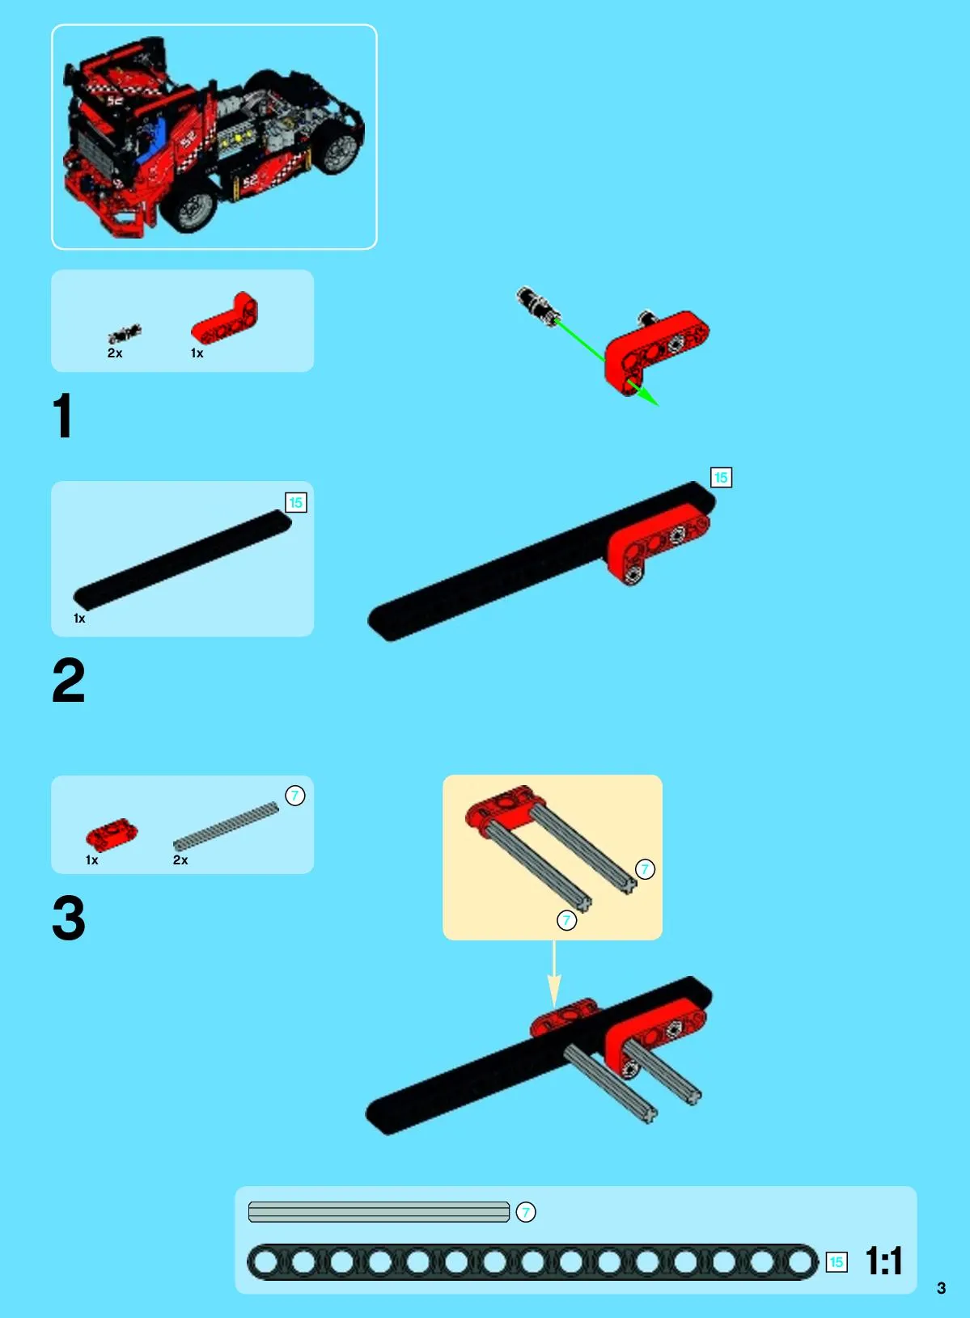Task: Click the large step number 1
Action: click(63, 416)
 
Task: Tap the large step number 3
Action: click(69, 918)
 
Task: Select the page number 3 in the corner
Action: click(941, 1288)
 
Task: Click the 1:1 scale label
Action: click(883, 1261)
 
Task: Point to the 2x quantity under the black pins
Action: click(115, 353)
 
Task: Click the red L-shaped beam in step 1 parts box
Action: click(225, 319)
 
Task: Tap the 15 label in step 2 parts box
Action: click(295, 502)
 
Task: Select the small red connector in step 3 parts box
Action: click(112, 834)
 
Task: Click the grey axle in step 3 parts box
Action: click(226, 826)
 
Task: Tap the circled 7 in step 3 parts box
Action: click(295, 796)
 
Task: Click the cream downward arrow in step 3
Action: click(553, 974)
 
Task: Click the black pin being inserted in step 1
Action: click(535, 303)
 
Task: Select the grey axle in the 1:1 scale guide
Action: click(379, 1212)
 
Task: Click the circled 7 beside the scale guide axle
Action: click(526, 1212)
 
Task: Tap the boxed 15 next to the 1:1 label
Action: click(837, 1262)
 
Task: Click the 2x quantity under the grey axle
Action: click(180, 860)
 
